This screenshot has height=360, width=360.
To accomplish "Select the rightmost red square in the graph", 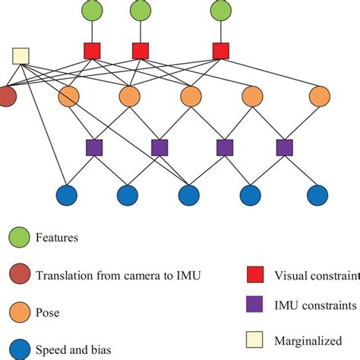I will (221, 51).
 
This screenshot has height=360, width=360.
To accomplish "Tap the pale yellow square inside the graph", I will (21, 55).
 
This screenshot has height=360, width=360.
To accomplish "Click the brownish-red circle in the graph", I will (5, 96).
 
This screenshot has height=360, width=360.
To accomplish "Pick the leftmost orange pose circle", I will (68, 96).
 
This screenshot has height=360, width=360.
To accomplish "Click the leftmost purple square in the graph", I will (94, 146).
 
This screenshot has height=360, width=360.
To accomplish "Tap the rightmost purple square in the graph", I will (285, 146).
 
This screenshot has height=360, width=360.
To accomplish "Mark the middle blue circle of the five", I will (190, 195).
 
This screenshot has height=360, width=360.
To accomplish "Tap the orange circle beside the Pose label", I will (18, 311).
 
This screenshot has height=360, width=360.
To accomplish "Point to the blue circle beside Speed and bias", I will (18, 349).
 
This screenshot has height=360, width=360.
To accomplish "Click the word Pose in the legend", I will (48, 312).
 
